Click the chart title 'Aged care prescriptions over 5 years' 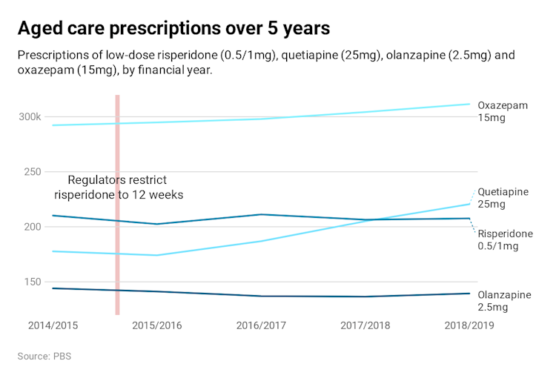tap(173, 28)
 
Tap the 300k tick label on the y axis tap(29, 116)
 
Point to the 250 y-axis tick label tap(31, 171)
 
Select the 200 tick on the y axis tap(31, 226)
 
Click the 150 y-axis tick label tap(31, 281)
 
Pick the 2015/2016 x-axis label tap(156, 325)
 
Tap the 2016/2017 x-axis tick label tap(260, 325)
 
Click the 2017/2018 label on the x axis tap(365, 325)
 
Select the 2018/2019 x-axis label tap(469, 325)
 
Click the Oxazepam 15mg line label tap(502, 111)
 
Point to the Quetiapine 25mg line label tap(503, 198)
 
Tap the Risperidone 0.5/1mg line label tap(505, 239)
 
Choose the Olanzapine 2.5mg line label tap(504, 300)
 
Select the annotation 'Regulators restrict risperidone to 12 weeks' tap(118, 187)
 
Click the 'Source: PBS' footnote tap(44, 357)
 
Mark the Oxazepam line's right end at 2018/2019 tap(469, 104)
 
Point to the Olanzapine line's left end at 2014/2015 tap(53, 288)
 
